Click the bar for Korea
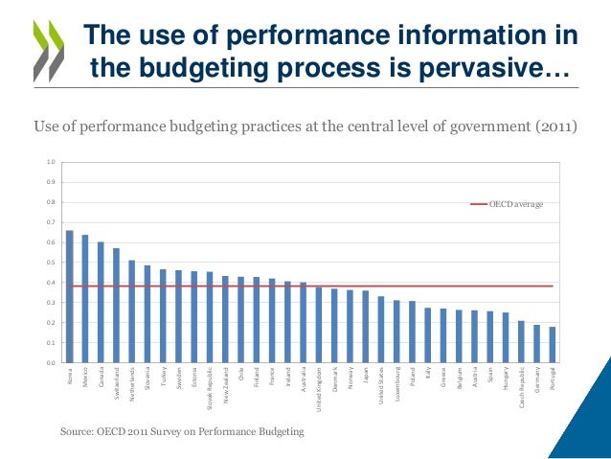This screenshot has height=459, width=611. tap(70, 297)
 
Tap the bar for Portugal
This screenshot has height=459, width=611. tap(552, 345)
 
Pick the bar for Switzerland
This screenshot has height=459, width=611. tap(116, 306)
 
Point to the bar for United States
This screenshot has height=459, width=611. tap(380, 330)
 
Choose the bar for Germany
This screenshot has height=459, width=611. tap(536, 344)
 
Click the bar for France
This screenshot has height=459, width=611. tap(272, 321)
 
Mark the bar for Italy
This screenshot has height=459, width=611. tap(427, 335)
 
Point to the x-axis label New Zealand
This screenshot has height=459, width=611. tap(226, 384)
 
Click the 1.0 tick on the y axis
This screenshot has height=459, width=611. tap(51, 162)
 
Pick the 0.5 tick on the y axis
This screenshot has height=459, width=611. tap(51, 263)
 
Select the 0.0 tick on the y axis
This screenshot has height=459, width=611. tap(51, 363)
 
